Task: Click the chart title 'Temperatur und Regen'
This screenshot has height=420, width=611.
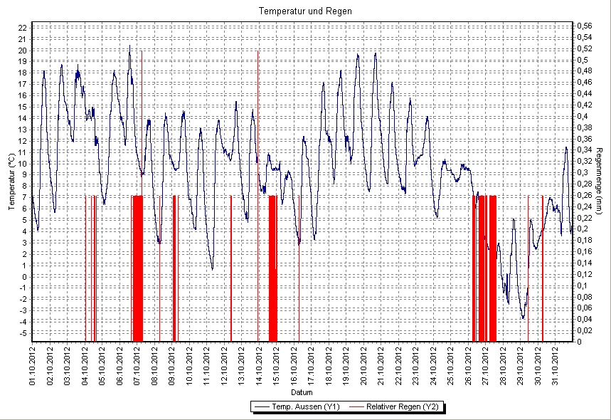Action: (305, 11)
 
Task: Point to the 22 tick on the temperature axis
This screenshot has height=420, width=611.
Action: (22, 27)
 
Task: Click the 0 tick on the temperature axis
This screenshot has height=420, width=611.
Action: (23, 276)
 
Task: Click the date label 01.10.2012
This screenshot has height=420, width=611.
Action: (33, 364)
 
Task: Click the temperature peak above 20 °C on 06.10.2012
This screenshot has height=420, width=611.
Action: (129, 47)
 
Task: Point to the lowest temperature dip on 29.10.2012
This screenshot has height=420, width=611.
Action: (523, 317)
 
